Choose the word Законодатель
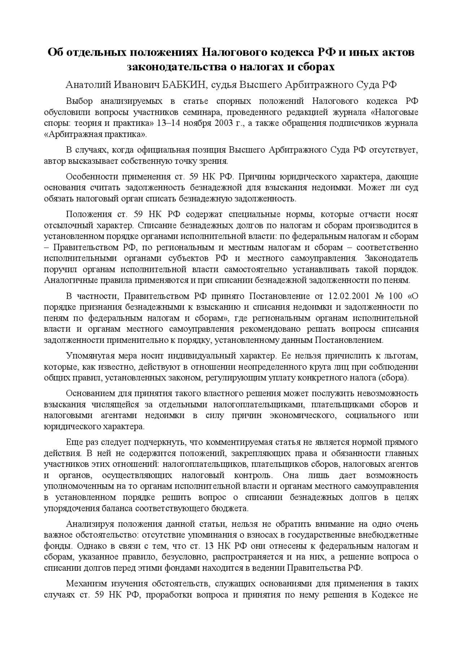tap(391, 258)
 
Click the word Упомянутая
tap(89, 356)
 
